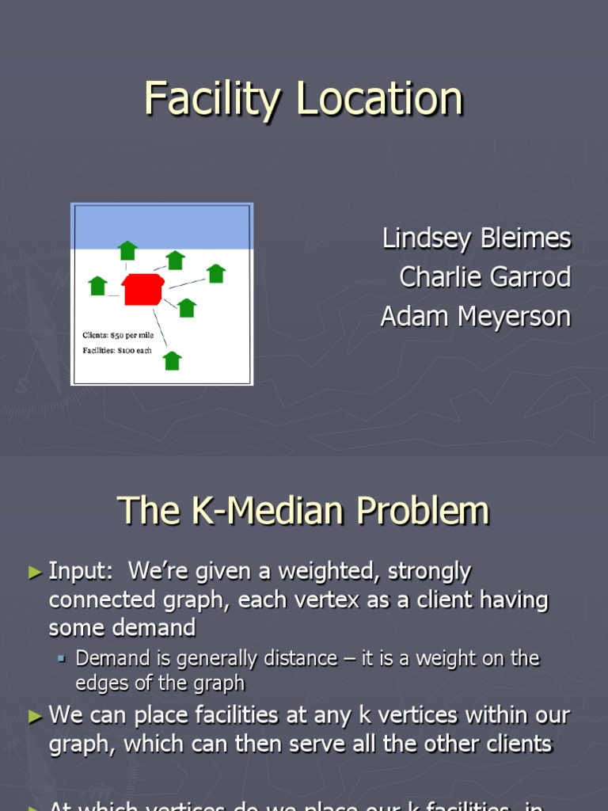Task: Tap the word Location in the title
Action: (380, 101)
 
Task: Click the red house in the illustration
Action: (142, 290)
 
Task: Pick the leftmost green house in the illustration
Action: (98, 285)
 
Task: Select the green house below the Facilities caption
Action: (172, 361)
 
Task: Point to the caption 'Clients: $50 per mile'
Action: (119, 335)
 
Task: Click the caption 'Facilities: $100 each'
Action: (117, 350)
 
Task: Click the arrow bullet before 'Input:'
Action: (35, 571)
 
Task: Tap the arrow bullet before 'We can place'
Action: (35, 716)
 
